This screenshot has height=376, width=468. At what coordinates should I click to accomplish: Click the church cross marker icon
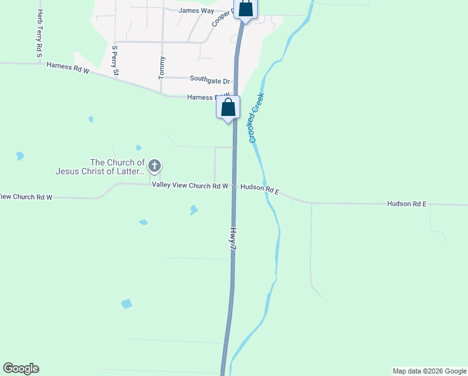[x=155, y=166]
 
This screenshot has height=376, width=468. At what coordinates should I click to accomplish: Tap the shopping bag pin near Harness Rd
[x=228, y=108]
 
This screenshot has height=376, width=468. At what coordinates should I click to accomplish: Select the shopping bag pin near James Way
[x=245, y=9]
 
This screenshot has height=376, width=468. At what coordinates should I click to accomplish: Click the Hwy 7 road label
[x=233, y=239]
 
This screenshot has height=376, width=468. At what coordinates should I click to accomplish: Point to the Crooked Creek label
[x=257, y=118]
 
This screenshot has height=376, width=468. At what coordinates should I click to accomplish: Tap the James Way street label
[x=196, y=11]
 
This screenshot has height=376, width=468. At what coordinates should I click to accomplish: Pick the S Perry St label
[x=114, y=60]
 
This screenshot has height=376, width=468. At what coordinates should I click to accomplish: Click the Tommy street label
[x=162, y=67]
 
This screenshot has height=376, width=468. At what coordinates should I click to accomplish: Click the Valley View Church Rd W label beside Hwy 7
[x=190, y=185]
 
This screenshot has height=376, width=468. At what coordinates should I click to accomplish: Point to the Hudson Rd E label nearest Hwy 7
[x=259, y=187]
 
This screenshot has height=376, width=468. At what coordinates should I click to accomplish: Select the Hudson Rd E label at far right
[x=407, y=204]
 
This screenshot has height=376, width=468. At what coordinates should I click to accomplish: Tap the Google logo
[x=21, y=368]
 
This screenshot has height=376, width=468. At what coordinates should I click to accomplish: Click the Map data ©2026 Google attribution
[x=429, y=371]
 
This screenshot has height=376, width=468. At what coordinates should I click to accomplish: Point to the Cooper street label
[x=221, y=17]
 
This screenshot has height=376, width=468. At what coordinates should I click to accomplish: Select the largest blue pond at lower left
[x=126, y=304]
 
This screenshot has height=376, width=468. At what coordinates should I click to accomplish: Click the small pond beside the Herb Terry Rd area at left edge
[x=20, y=155]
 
